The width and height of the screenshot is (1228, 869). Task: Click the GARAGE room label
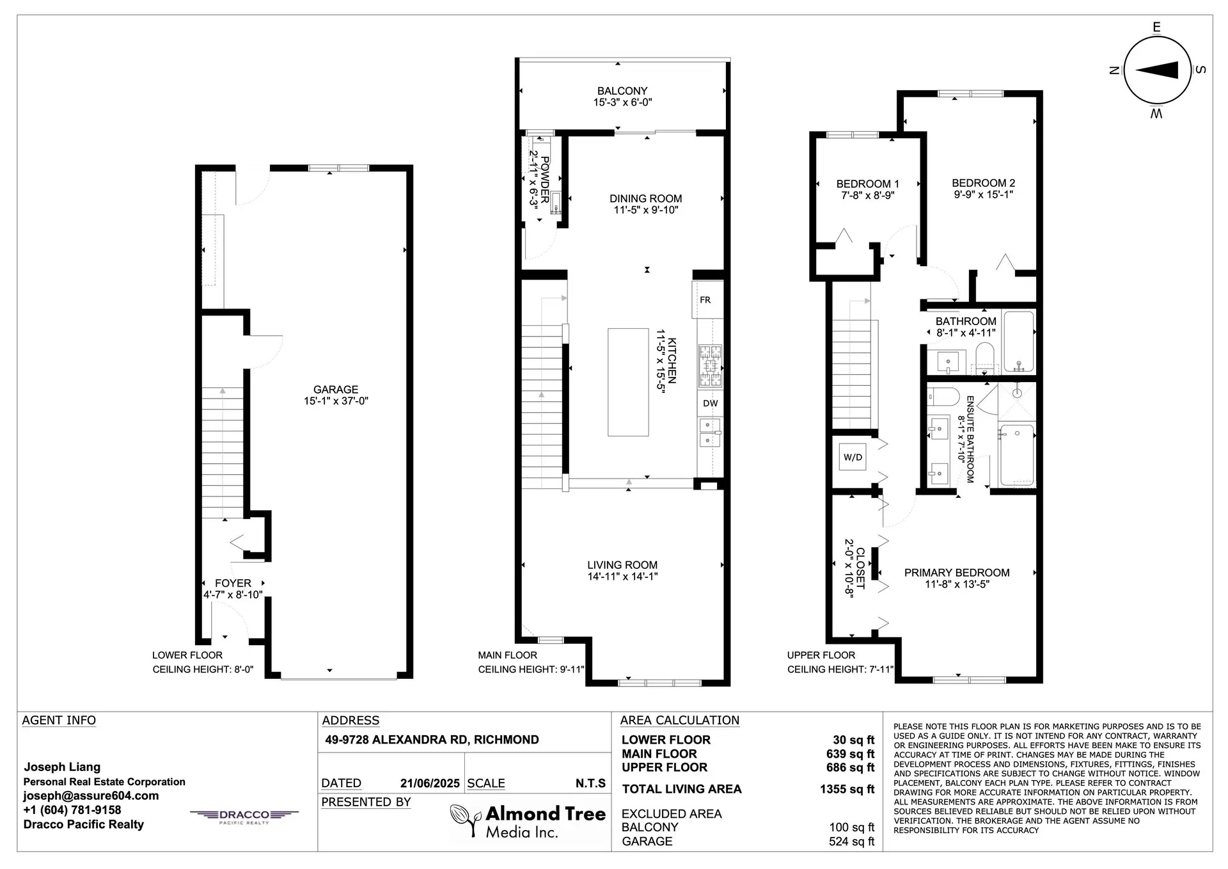[x=335, y=389]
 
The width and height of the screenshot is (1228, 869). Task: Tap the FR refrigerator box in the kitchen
[x=705, y=299]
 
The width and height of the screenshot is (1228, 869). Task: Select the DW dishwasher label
[x=710, y=403]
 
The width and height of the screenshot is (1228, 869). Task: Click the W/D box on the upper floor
[x=853, y=457]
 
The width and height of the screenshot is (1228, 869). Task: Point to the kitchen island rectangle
[x=627, y=382]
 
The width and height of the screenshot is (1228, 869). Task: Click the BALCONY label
[x=622, y=91]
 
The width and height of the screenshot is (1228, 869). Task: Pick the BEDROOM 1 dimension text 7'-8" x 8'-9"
[x=867, y=195]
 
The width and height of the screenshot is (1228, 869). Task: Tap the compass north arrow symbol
[x=1157, y=70]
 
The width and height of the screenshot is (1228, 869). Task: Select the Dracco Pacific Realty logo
[x=244, y=816]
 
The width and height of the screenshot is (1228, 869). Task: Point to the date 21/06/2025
[x=430, y=783]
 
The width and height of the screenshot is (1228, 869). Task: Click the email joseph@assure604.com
[x=91, y=795]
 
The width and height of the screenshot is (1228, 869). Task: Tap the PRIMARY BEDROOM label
[x=957, y=573]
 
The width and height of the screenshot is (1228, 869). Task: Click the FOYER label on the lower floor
[x=233, y=583]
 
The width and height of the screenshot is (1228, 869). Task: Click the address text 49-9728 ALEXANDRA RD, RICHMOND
[x=432, y=740]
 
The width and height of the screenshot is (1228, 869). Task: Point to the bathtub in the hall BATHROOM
[x=1018, y=340]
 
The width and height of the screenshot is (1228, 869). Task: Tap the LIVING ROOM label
[x=622, y=565]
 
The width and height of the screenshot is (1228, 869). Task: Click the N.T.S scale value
[x=590, y=783]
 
